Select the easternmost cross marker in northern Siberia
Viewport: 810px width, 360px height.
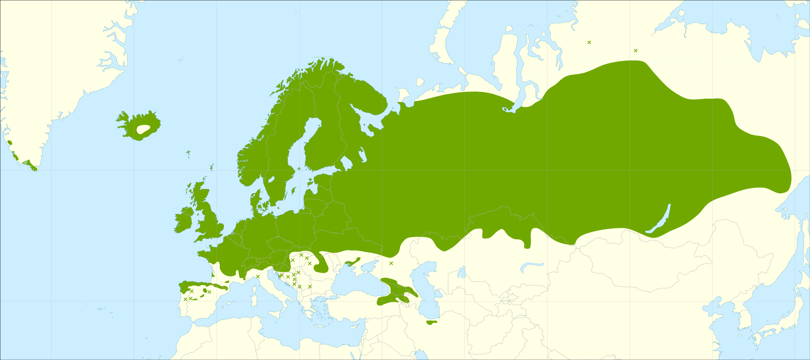tap(636, 50)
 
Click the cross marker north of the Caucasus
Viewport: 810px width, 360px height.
tap(391, 263)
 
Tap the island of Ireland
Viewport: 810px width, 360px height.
tap(184, 219)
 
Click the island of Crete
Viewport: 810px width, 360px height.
tap(320, 326)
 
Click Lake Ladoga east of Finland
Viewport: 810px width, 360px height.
tap(346, 162)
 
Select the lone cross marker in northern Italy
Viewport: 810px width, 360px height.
tap(258, 277)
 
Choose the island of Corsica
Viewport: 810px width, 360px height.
tap(254, 283)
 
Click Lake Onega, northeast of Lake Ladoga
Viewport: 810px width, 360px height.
tap(362, 155)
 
